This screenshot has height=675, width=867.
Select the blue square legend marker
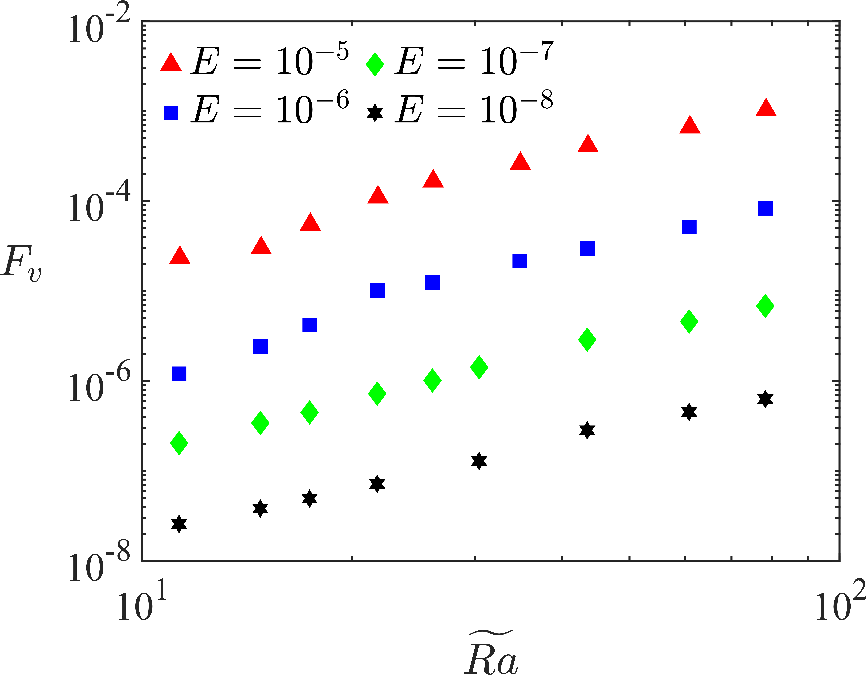click(x=171, y=113)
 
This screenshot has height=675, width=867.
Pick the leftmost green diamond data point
click(x=179, y=442)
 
